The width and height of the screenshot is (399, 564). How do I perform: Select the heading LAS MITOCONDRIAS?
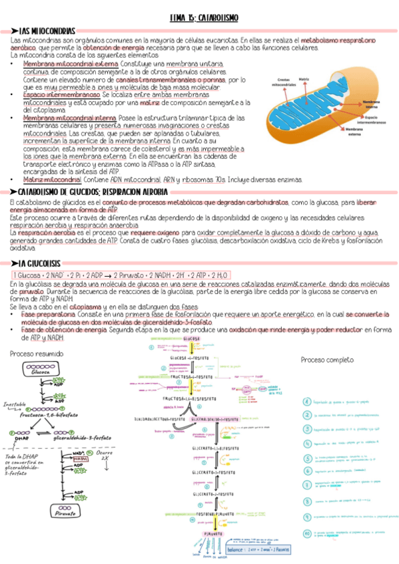coord(47,31)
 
